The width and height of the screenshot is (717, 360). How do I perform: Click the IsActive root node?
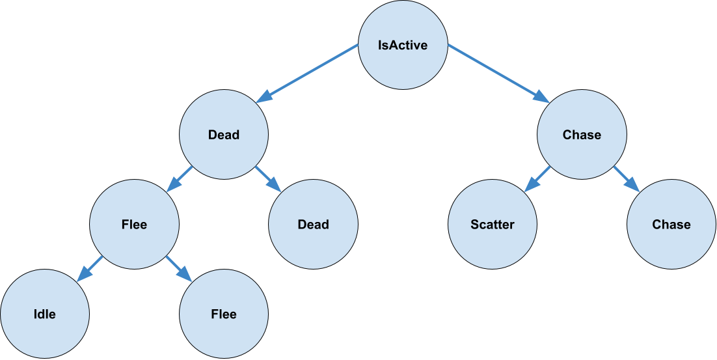pyautogui.click(x=403, y=46)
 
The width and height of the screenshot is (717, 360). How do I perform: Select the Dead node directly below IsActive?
pyautogui.click(x=224, y=135)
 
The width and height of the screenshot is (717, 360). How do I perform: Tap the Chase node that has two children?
pyautogui.click(x=582, y=135)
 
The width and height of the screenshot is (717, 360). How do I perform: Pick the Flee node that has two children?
pyautogui.click(x=134, y=225)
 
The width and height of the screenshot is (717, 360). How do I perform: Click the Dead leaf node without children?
pyautogui.click(x=313, y=225)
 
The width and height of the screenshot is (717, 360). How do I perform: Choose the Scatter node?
pyautogui.click(x=493, y=225)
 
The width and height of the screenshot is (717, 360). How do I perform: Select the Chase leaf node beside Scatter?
pyautogui.click(x=671, y=225)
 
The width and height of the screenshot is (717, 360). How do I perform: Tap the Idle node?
pyautogui.click(x=44, y=314)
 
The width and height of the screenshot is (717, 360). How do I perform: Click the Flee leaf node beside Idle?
pyautogui.click(x=224, y=314)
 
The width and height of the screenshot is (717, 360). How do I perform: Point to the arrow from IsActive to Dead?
pyautogui.click(x=307, y=73)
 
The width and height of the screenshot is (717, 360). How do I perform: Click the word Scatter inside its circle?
pyautogui.click(x=493, y=225)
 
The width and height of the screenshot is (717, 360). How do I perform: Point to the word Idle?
pyautogui.click(x=44, y=314)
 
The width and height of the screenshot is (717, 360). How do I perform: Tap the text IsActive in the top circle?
pyautogui.click(x=403, y=46)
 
